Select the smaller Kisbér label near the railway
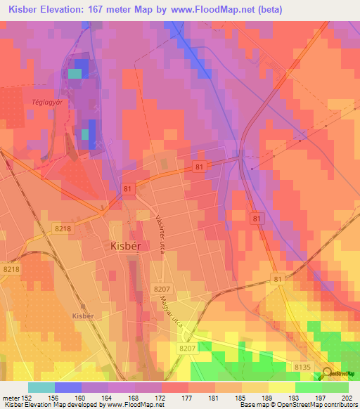click(83, 316)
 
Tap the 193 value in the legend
click(293, 397)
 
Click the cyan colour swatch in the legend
click(41, 387)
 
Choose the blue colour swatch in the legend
click(68, 387)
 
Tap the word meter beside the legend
click(10, 397)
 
